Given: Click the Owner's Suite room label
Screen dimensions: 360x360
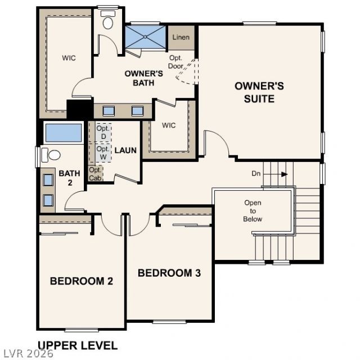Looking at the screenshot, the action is [259, 92].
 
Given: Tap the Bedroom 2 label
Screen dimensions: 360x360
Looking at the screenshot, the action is [82, 281].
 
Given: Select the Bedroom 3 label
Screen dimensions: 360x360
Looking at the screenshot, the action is [169, 273].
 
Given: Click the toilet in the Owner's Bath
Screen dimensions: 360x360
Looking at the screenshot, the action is [107, 20].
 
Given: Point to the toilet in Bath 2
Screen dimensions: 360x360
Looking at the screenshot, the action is [51, 155].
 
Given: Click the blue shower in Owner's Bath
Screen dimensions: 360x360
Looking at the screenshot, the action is [145, 37].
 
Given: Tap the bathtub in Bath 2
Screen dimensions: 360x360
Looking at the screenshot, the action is [64, 133].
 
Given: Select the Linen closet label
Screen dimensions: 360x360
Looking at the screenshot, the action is [181, 37].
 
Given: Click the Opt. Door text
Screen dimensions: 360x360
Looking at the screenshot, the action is [176, 62].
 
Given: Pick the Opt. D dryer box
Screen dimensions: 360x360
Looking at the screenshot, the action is [103, 133].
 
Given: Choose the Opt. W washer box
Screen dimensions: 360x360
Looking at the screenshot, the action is [103, 153].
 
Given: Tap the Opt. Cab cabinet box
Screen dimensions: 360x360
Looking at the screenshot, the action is [95, 173].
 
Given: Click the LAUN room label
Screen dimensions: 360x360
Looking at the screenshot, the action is [125, 150].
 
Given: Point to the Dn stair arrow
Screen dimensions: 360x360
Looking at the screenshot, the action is [275, 174].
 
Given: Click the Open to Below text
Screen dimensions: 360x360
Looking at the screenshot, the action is [253, 211].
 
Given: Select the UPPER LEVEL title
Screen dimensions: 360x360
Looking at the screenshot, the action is [78, 345].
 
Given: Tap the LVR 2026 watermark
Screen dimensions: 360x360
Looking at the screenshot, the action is [27, 354].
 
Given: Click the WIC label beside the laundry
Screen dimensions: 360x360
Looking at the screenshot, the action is [169, 125].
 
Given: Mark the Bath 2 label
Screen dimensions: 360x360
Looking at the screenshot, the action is [69, 178].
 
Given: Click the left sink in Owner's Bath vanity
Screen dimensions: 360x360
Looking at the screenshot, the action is [109, 111].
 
